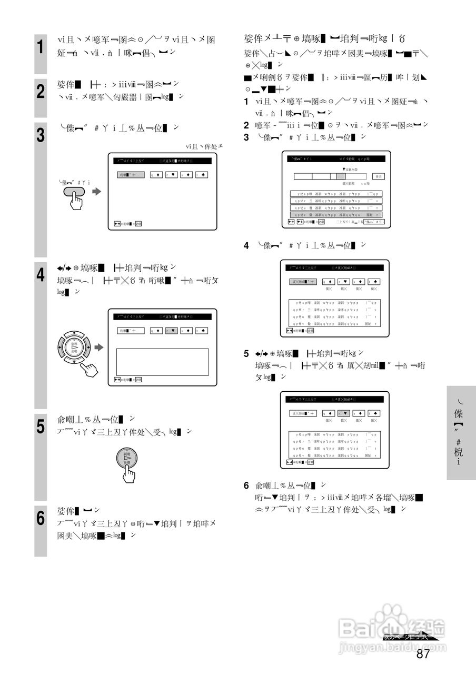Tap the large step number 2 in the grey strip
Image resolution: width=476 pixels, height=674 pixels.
(40, 92)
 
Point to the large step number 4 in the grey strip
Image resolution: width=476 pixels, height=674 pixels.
(40, 275)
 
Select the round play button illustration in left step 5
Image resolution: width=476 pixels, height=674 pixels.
(127, 458)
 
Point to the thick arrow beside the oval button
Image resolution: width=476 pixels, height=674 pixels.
(96, 192)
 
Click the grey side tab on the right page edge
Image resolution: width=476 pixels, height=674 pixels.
(461, 433)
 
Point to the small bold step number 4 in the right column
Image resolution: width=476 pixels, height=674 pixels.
(246, 245)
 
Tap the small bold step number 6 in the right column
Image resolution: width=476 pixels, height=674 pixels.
(246, 485)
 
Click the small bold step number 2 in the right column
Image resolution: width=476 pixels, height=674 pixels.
(246, 125)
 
